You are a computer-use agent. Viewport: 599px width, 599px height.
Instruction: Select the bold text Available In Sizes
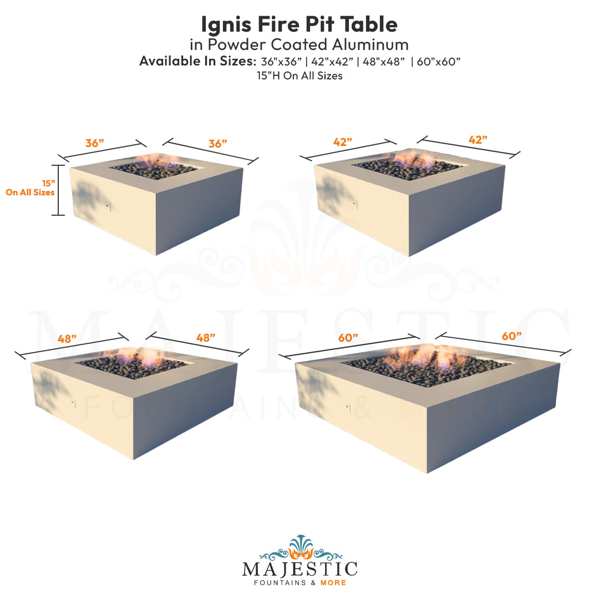pos(198,61)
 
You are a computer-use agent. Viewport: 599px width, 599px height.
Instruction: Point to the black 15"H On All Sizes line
pos(299,76)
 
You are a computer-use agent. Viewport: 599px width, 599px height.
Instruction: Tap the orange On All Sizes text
pos(30,192)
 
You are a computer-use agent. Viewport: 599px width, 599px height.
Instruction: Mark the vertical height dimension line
pos(58,190)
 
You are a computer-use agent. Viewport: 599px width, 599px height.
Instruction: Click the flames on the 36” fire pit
pos(158,160)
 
